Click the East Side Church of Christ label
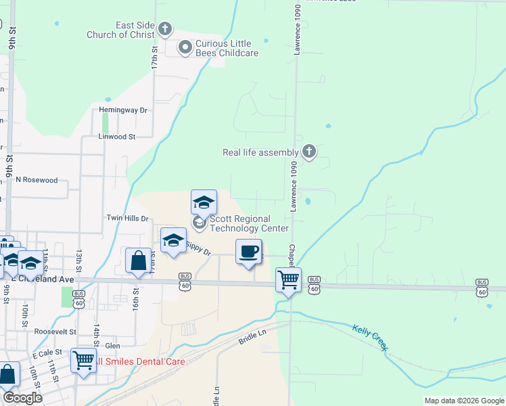(120, 30)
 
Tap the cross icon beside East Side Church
(166, 30)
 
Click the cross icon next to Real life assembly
(309, 152)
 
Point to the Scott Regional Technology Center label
(250, 223)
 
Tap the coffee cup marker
(248, 252)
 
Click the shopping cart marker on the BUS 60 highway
(289, 279)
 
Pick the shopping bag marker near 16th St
(138, 261)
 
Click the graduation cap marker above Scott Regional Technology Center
(204, 202)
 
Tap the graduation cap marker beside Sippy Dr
(173, 241)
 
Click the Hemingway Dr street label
(122, 110)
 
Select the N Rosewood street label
(37, 181)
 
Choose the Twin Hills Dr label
(127, 218)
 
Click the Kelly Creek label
(369, 337)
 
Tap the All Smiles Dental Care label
(139, 361)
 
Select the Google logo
(22, 398)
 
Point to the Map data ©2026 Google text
(463, 401)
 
